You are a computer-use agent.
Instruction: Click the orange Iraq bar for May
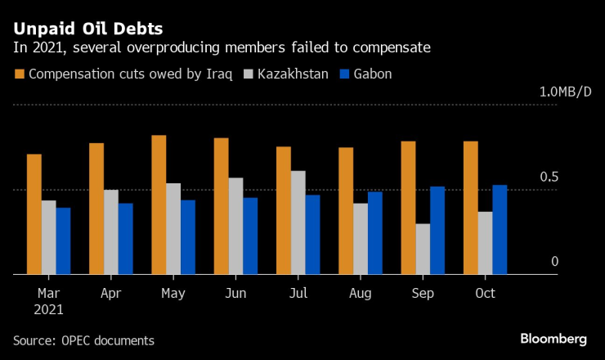[x=159, y=205]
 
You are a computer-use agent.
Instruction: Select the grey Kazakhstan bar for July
[x=298, y=223]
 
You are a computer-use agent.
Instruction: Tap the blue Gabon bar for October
[x=500, y=230]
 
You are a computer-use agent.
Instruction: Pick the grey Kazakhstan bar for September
[x=423, y=249]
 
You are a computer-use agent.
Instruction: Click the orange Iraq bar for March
[x=34, y=214]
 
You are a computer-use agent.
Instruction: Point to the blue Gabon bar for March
[x=63, y=241]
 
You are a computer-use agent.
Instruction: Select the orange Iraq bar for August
[x=346, y=211]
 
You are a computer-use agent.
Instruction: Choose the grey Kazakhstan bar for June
[x=235, y=226]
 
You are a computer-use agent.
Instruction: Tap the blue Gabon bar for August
[x=374, y=233]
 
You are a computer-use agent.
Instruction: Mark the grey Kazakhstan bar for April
[x=111, y=232]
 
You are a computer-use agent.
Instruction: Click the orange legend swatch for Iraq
[x=19, y=74]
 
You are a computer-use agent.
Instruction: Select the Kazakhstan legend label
[x=293, y=74]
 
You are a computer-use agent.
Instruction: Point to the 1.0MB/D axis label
[x=565, y=92]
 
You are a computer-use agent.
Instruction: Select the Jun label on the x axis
[x=235, y=293]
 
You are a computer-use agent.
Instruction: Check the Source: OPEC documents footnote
[x=83, y=340]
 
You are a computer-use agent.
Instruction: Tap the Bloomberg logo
[x=554, y=339]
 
